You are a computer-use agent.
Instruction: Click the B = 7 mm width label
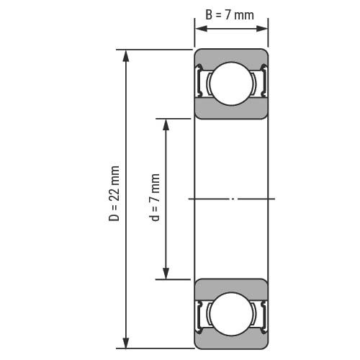click(x=230, y=15)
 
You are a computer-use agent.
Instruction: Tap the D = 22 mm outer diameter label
click(x=114, y=193)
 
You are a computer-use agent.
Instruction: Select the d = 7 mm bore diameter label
click(x=154, y=197)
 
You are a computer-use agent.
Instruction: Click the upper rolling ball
click(x=231, y=84)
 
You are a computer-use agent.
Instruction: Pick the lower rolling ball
click(x=231, y=314)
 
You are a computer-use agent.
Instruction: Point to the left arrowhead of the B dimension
click(x=202, y=29)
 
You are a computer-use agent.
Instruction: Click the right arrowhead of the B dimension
click(x=261, y=29)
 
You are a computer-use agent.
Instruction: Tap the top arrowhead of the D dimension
click(x=126, y=56)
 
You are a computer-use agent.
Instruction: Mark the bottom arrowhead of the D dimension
click(x=126, y=342)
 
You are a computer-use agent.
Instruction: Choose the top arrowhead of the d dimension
click(x=166, y=125)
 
